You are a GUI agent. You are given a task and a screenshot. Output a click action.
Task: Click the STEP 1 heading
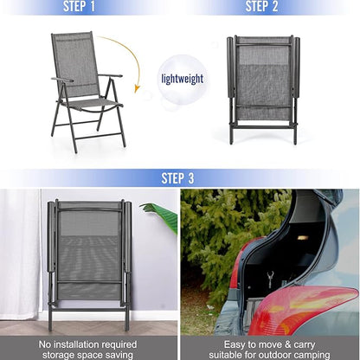coord(79,6)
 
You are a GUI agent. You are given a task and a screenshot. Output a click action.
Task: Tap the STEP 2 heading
coord(261,6)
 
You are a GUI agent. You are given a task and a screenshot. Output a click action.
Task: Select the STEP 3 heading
coord(177,178)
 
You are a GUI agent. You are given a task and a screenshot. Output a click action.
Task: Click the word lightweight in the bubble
coord(183,79)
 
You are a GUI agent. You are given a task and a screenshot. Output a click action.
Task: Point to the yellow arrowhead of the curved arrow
coord(137,88)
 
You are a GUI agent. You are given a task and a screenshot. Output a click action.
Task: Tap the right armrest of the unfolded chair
coord(110,76)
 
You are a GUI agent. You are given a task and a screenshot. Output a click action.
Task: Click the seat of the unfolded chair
coord(93,104)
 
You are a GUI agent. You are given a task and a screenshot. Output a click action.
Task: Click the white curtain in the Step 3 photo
coord(20,254)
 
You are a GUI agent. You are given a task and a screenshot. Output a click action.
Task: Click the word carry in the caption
coord(305,345)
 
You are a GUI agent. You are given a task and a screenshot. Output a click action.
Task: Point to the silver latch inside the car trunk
coord(270,280)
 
